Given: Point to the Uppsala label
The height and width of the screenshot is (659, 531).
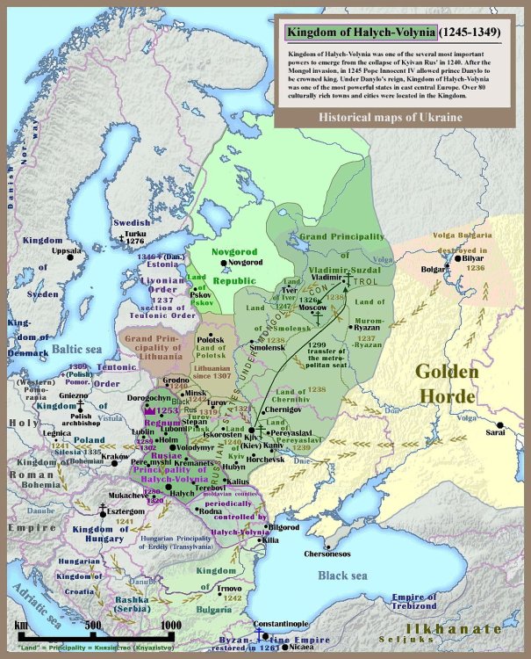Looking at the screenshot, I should click(x=65, y=250).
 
